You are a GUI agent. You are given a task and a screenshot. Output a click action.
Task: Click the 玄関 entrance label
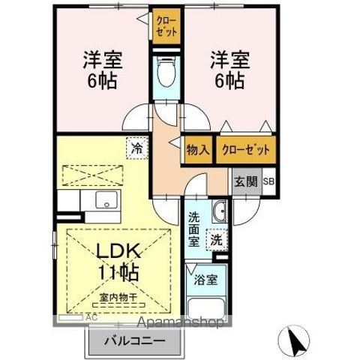(x=245, y=181)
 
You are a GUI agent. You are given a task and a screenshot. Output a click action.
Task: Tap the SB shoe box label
(x=268, y=181)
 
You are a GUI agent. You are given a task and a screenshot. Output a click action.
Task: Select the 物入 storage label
(x=199, y=149)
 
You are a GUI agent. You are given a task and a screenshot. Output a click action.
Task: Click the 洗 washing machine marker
(x=216, y=241)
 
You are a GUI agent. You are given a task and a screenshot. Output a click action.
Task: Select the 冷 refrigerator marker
(x=136, y=148)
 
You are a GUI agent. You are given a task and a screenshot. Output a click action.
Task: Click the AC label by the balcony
(x=91, y=318)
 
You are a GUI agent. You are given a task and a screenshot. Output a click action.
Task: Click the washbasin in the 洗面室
(x=220, y=212)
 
